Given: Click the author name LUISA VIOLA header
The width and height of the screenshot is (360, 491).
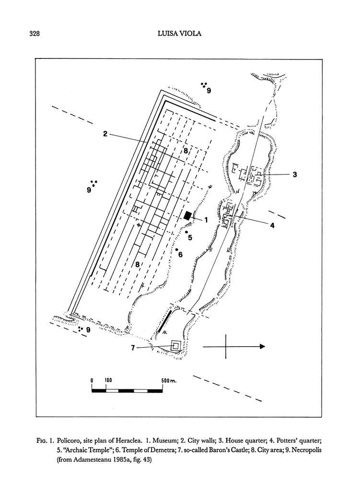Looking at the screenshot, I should click(x=180, y=33).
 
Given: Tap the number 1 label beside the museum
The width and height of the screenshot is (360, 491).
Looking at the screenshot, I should click(x=205, y=220).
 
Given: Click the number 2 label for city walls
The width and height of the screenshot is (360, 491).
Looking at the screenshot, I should click(x=105, y=134).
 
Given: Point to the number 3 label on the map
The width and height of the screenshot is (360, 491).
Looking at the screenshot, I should click(x=295, y=175).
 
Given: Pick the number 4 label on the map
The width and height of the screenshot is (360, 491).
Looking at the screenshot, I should click(x=272, y=225).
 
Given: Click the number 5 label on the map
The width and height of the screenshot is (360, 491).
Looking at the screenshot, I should click(x=190, y=237).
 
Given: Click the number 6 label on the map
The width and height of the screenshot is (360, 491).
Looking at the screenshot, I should click(x=180, y=255).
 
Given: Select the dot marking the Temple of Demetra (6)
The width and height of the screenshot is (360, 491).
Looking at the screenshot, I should click(x=177, y=249).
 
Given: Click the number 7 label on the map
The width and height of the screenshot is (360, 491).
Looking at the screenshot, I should click(x=133, y=348).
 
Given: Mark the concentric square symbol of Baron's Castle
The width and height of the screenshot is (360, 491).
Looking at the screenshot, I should click(x=176, y=346).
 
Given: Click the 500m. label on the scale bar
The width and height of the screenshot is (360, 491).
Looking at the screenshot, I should click(x=169, y=380).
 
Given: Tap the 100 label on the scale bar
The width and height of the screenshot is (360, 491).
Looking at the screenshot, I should click(x=108, y=380).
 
